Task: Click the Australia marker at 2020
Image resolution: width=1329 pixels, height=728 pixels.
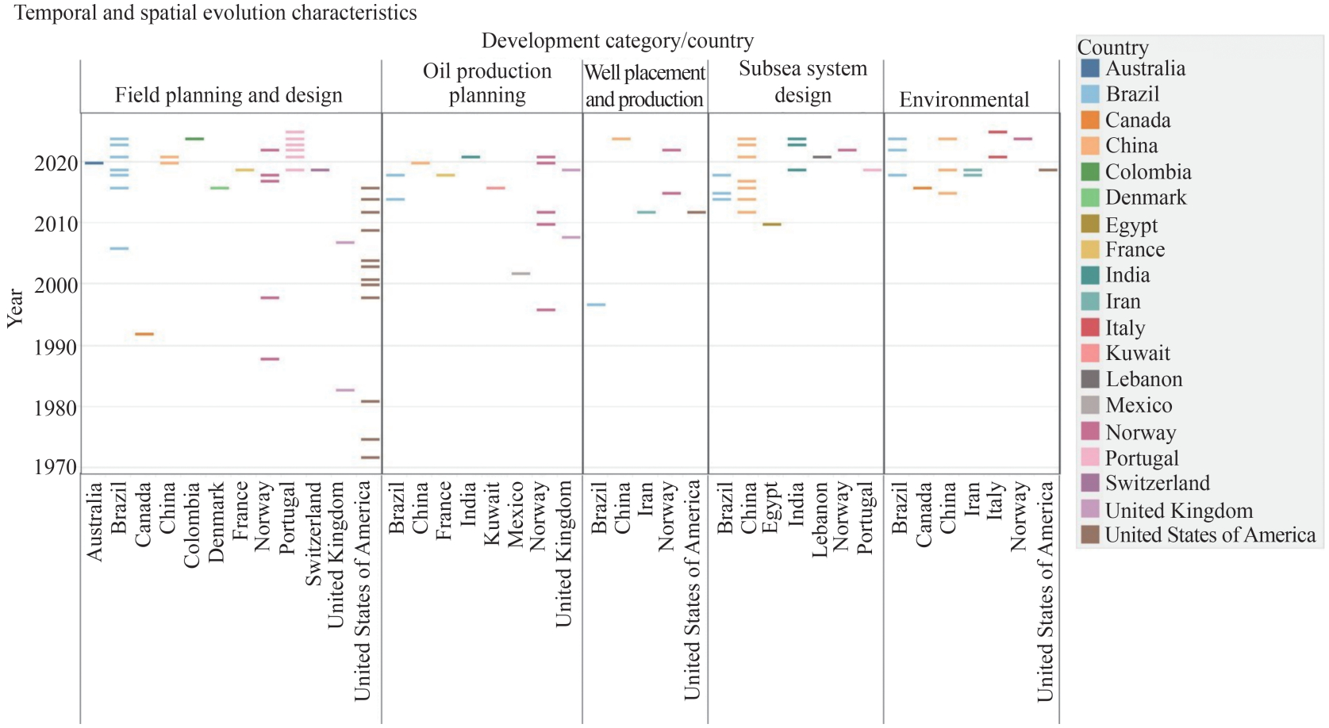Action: pos(94,163)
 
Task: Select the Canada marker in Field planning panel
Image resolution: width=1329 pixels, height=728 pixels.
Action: pos(144,334)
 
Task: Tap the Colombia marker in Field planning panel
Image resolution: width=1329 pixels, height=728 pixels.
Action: pos(194,139)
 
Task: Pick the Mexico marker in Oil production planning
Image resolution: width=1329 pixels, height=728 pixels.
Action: pos(520,274)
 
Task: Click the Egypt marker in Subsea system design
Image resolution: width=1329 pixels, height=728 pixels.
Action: pos(772,224)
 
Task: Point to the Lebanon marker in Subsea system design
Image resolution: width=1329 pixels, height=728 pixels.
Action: pos(822,157)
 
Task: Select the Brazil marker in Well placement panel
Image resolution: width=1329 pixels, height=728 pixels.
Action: pos(596,305)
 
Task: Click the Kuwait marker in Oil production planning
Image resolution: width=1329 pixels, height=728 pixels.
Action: pos(495,188)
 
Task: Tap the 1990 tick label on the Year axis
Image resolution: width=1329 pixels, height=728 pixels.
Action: pos(56,347)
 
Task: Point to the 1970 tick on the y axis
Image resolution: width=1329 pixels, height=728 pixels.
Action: pos(56,467)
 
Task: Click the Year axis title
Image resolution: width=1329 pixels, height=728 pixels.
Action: pos(15,308)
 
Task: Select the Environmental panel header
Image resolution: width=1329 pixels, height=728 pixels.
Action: pos(964,100)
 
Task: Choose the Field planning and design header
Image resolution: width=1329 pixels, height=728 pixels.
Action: pos(229,95)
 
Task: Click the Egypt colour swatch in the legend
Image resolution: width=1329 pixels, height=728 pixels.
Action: pos(1090,224)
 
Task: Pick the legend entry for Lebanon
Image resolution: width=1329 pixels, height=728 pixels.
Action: pos(1143,379)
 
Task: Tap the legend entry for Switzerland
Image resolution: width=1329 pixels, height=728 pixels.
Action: pos(1157,483)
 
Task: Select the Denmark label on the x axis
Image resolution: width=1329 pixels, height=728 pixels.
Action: pos(217,522)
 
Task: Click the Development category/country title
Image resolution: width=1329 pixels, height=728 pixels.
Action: pos(617,40)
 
